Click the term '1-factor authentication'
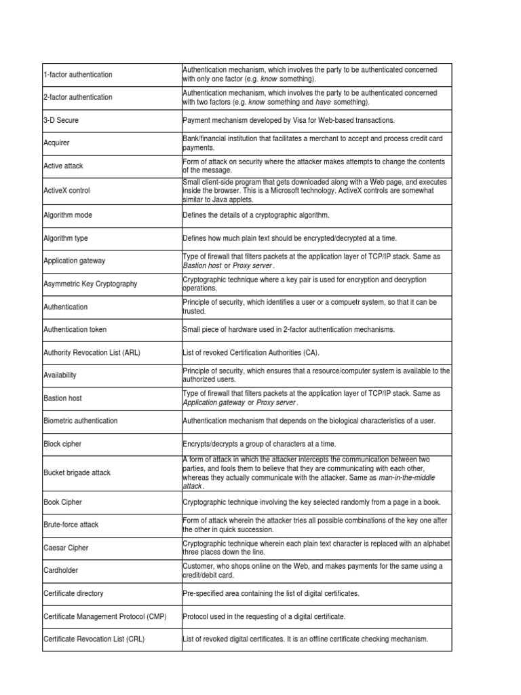tap(78, 75)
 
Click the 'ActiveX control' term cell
tap(66, 191)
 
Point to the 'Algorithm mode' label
tap(68, 215)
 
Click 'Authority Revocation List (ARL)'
tap(92, 353)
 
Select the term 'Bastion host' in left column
tap(62, 398)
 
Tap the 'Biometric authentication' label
tap(80, 421)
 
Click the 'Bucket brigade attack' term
tap(77, 472)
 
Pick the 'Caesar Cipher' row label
tap(66, 548)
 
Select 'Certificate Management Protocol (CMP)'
tap(104, 616)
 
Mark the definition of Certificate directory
tap(271, 594)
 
